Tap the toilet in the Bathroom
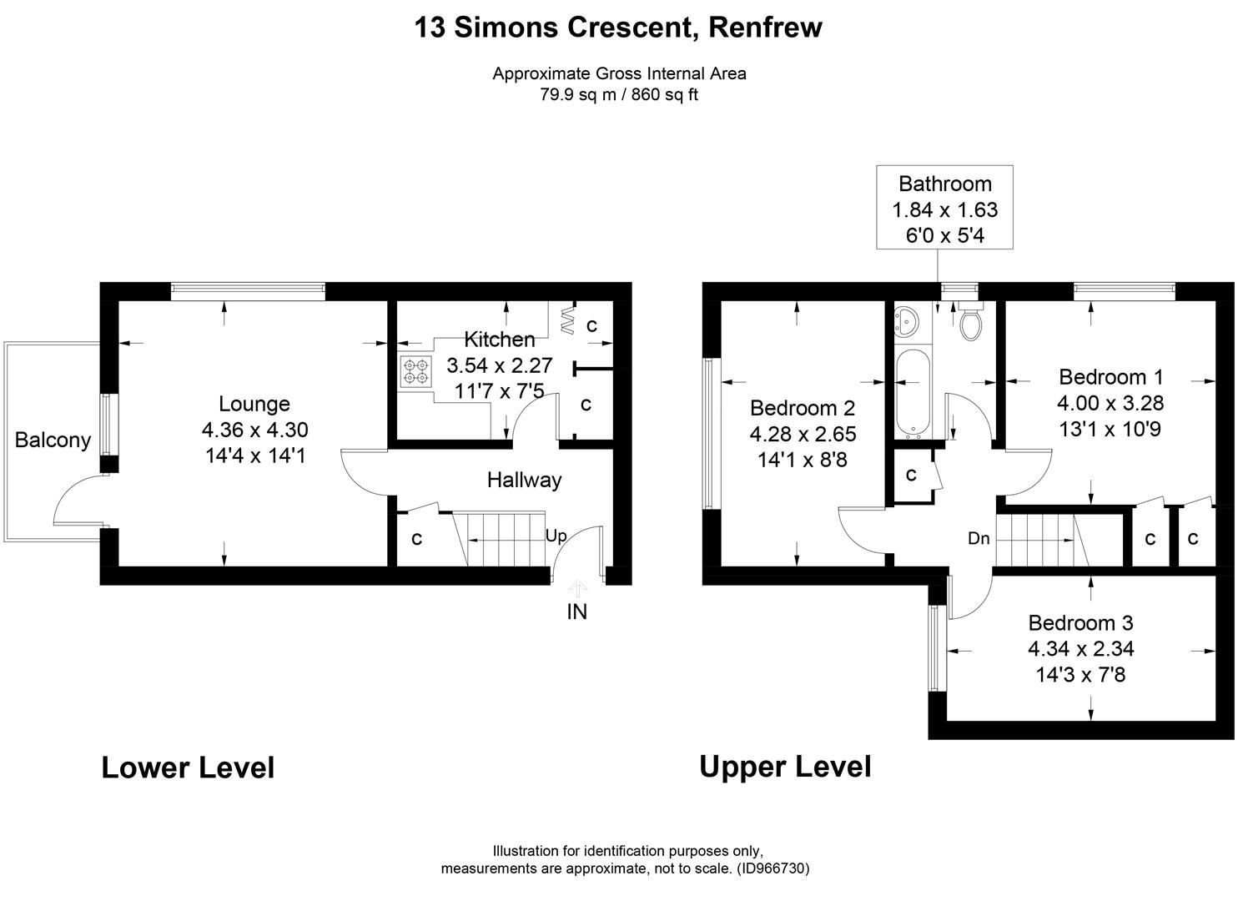(x=970, y=323)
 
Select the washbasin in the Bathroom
(x=905, y=321)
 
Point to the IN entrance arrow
(x=576, y=590)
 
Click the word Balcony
(x=53, y=440)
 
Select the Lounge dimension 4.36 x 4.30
(x=254, y=430)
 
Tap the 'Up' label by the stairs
(x=556, y=536)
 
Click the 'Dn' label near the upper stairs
(x=979, y=539)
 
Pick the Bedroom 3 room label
(x=1080, y=623)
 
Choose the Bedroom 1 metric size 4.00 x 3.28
(x=1110, y=404)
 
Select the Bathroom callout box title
(x=944, y=184)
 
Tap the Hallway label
(x=524, y=481)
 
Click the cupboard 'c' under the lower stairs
(x=416, y=539)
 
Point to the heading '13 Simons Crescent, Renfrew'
(x=618, y=28)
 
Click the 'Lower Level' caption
(x=188, y=768)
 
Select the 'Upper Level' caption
(x=785, y=767)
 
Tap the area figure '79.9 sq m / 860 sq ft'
(x=618, y=95)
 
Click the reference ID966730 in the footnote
(x=772, y=868)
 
